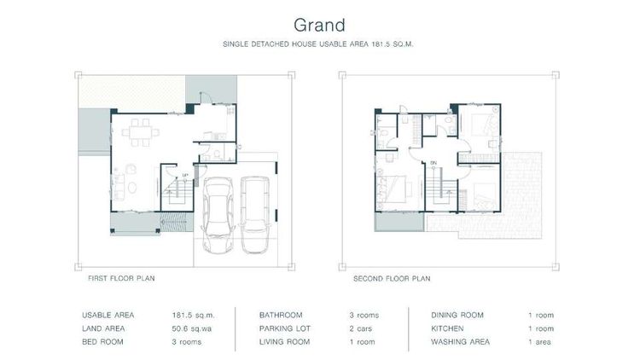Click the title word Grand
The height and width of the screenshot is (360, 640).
pos(319,19)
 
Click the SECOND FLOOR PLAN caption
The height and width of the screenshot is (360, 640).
pos(392,278)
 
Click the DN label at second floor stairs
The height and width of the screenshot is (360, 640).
pos(433,162)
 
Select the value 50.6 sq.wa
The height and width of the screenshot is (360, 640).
pos(190,328)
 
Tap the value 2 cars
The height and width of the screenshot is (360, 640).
pos(362,328)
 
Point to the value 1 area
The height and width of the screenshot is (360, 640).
pos(541,342)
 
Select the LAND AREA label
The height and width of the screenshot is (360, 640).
pos(105,328)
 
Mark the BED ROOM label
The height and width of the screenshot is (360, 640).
pos(103,342)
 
